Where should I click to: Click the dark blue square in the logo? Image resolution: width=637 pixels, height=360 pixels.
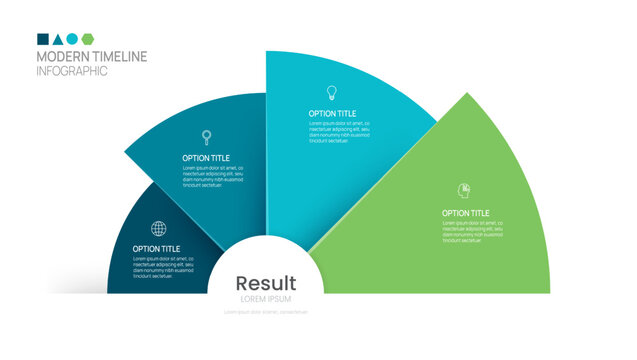click(x=43, y=39)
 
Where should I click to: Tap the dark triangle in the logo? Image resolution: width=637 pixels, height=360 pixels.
click(x=58, y=39)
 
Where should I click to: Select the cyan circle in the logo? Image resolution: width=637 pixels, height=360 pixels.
click(x=72, y=39)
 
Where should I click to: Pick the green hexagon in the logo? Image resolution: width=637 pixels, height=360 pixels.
click(x=87, y=39)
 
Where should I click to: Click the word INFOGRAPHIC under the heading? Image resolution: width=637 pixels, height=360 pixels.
click(x=72, y=71)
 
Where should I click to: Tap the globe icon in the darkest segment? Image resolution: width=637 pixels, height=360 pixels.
click(x=159, y=229)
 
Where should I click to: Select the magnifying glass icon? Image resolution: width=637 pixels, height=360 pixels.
click(x=207, y=137)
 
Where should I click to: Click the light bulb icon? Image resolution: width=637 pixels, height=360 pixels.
click(x=332, y=93)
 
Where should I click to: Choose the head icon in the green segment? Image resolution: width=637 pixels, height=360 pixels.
click(x=464, y=190)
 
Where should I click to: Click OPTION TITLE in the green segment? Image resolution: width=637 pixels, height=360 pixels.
click(x=466, y=213)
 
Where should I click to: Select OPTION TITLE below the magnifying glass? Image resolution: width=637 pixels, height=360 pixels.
click(x=206, y=158)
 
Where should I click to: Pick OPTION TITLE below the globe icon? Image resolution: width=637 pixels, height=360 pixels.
click(x=157, y=249)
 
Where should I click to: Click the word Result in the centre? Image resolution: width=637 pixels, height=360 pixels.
click(x=266, y=284)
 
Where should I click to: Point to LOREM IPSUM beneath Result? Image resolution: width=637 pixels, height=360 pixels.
click(x=266, y=299)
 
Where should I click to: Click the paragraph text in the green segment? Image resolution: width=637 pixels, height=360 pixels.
click(x=473, y=232)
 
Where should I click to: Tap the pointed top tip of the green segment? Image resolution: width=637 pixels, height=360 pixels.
click(x=466, y=94)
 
